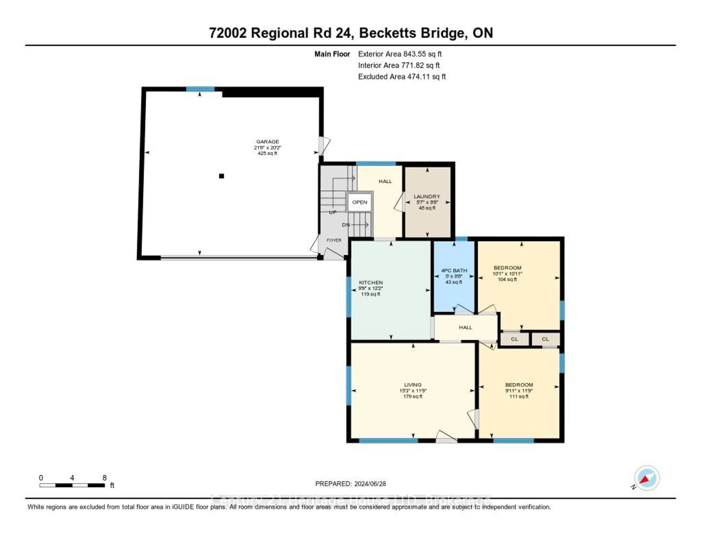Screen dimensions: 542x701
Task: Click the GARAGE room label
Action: coord(267,142)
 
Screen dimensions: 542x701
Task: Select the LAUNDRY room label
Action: coord(427,196)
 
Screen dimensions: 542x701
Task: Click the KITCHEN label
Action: coord(371,282)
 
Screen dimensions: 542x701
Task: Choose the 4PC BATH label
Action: coord(454,270)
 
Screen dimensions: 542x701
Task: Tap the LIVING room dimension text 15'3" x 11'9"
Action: coord(413,391)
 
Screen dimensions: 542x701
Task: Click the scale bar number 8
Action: coord(104,478)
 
